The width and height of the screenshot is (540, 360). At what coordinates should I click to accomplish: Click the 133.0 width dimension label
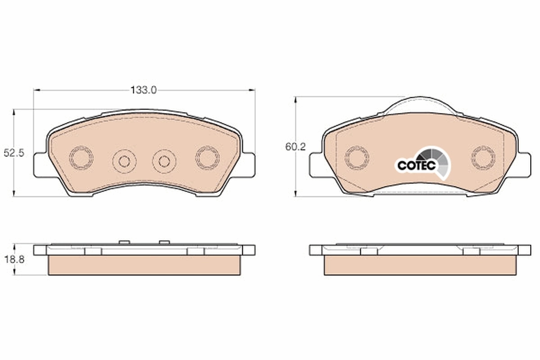point(144,90)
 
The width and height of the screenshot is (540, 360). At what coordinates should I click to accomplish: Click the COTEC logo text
point(416,165)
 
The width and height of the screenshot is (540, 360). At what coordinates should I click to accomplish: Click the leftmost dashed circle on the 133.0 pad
point(81,158)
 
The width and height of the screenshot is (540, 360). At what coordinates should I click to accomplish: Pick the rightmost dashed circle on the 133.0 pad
point(207,158)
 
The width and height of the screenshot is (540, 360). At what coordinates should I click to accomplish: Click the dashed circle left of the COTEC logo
point(357,158)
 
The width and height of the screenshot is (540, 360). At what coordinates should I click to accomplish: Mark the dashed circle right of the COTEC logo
point(483,158)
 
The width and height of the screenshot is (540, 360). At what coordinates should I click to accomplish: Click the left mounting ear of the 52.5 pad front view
point(40,165)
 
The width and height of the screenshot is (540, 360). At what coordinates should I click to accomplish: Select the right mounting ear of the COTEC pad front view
point(524,165)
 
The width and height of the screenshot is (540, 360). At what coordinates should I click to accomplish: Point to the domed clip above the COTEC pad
point(421,105)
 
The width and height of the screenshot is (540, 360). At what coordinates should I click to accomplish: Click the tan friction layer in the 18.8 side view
point(144,265)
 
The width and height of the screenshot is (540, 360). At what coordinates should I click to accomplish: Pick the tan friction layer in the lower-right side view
point(420,265)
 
